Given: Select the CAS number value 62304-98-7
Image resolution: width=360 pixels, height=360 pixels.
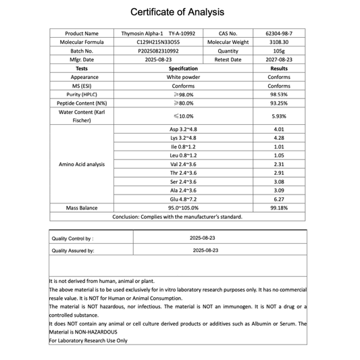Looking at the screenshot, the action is click(x=279, y=33).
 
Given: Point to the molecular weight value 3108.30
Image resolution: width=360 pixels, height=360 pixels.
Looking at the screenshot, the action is click(x=279, y=42).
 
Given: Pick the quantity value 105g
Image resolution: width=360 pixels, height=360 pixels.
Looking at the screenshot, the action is click(x=279, y=51).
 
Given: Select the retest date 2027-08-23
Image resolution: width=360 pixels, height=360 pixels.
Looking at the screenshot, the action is click(x=279, y=59).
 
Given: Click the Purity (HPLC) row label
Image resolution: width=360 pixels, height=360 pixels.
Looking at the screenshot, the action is click(x=82, y=95).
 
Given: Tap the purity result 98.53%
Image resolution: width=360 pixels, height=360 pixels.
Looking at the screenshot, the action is click(x=279, y=95).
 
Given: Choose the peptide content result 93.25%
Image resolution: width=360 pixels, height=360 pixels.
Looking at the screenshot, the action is click(x=279, y=103).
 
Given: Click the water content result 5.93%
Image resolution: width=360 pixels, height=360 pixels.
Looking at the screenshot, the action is click(x=279, y=116).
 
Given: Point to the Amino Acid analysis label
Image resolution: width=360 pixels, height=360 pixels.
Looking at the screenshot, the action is click(x=82, y=164).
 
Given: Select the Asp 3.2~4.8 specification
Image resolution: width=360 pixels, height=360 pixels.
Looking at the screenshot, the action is click(x=183, y=129).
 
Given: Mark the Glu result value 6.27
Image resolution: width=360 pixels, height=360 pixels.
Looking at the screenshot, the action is click(x=279, y=199).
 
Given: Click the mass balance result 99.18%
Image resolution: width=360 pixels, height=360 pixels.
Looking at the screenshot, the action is click(x=279, y=208).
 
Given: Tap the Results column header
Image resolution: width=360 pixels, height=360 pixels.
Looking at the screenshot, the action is click(x=279, y=68).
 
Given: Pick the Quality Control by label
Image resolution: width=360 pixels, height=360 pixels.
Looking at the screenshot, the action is click(x=72, y=238).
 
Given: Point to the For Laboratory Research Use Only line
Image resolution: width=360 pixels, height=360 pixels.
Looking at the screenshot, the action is click(x=88, y=340).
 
